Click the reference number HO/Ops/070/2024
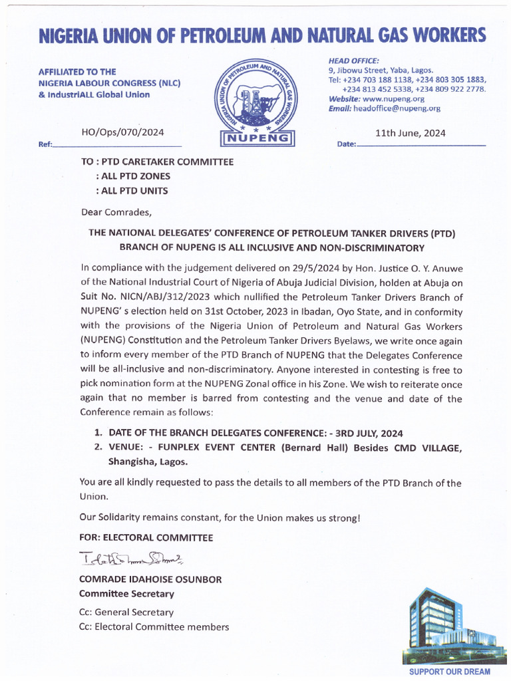(x=122, y=132)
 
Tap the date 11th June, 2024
(x=411, y=133)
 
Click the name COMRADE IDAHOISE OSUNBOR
(x=150, y=579)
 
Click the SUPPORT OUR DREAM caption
(x=449, y=672)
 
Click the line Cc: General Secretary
(x=126, y=612)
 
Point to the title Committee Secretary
(x=126, y=593)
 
